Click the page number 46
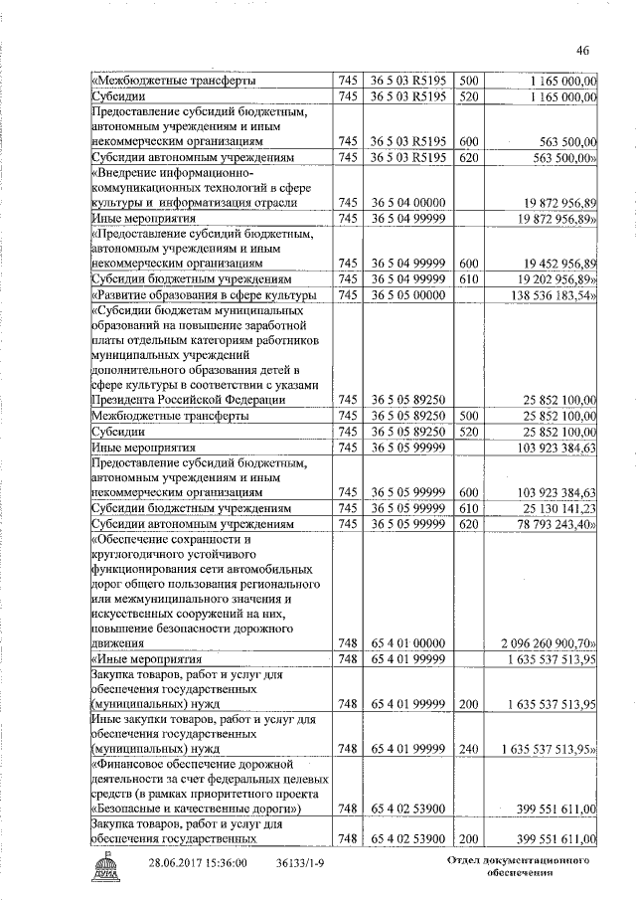pyautogui.click(x=582, y=52)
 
